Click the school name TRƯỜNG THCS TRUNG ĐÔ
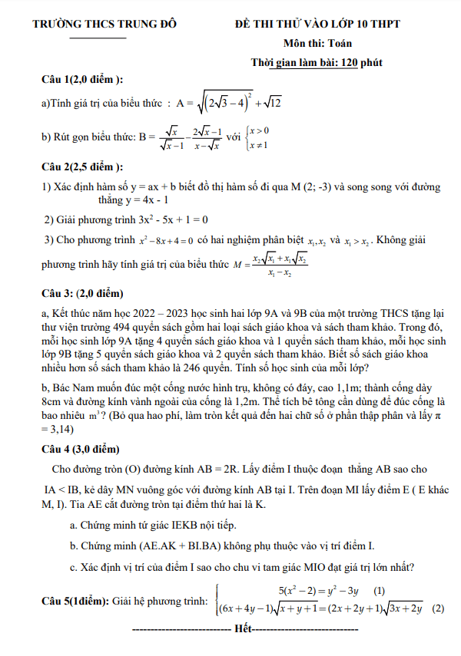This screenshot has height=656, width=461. click(x=104, y=25)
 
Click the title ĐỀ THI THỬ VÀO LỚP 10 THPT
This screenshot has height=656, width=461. click(x=317, y=25)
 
